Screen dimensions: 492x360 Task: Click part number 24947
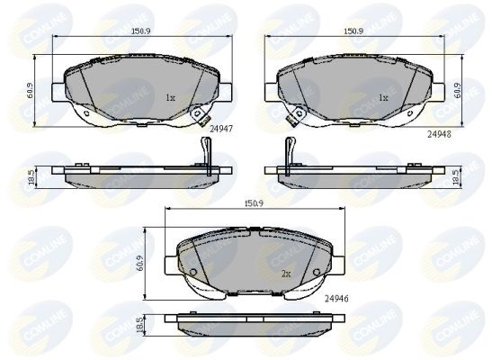click(221, 129)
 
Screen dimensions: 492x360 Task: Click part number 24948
click(439, 134)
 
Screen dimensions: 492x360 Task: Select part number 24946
click(336, 299)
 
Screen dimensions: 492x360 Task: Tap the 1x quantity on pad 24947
click(170, 98)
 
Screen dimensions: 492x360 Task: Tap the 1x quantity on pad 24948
click(383, 98)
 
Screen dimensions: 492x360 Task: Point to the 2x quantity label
click(286, 274)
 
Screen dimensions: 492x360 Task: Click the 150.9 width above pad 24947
click(141, 31)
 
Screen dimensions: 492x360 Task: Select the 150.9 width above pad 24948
click(353, 31)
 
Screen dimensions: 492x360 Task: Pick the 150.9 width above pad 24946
click(255, 203)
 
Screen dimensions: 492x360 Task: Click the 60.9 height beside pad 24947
click(29, 91)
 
